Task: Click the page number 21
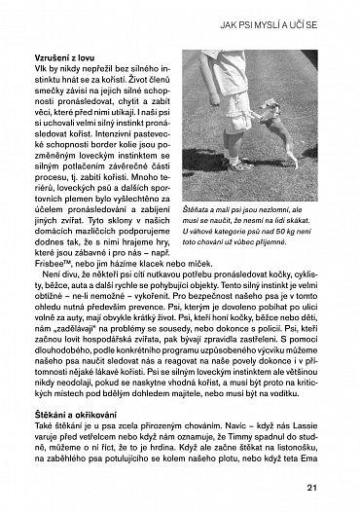click(x=338, y=489)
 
